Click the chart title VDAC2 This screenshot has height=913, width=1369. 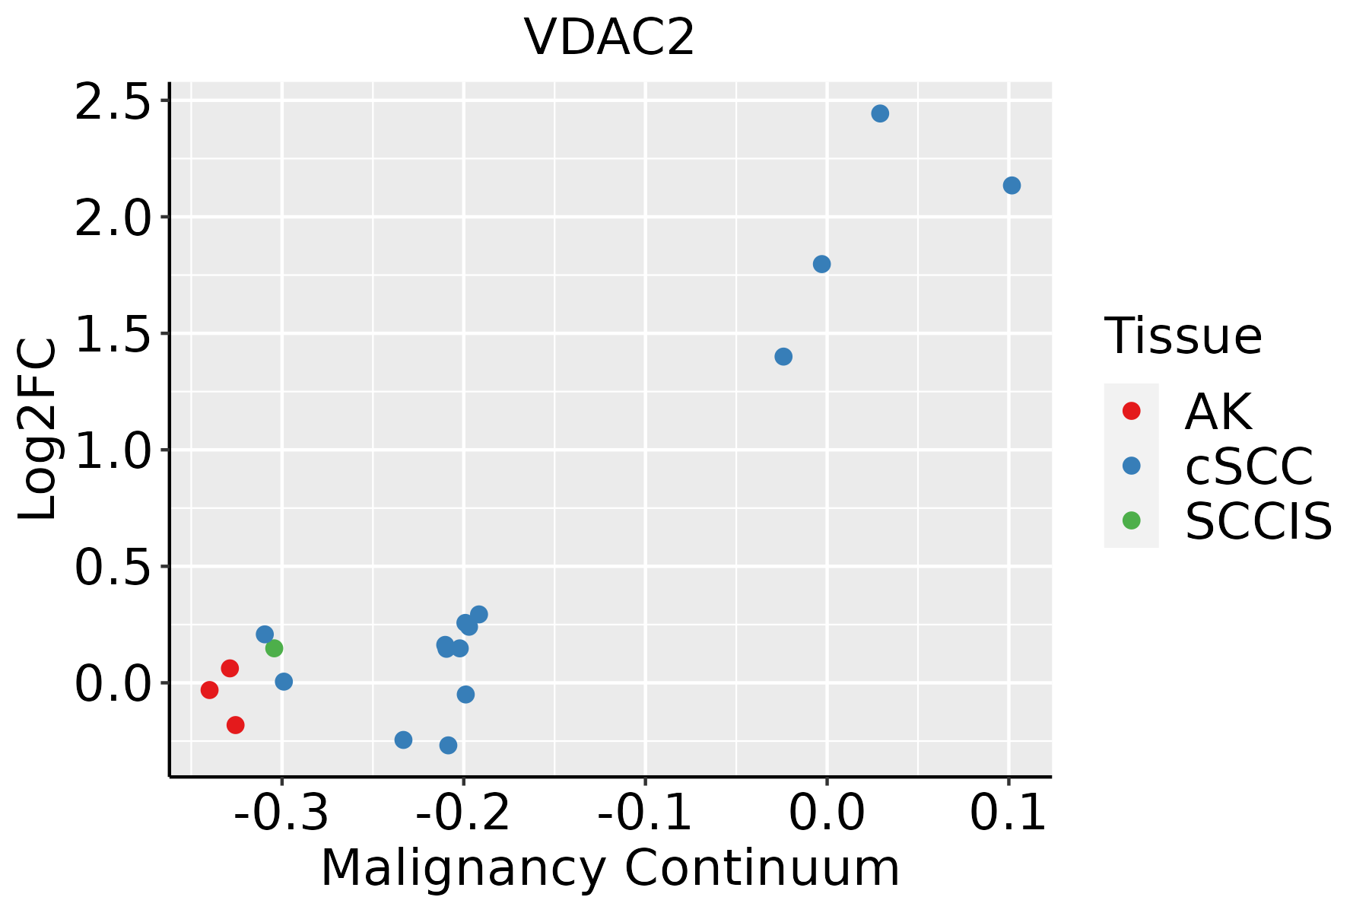[x=609, y=37]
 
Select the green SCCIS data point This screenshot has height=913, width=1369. [x=274, y=648]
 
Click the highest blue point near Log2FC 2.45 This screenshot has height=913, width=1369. [x=880, y=113]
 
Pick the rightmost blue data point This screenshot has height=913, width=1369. [x=1012, y=186]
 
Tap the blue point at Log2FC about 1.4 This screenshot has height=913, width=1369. [x=783, y=357]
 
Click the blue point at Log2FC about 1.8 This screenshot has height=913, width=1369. [x=821, y=264]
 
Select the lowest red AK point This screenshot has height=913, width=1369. [x=236, y=725]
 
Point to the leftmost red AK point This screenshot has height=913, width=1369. [x=210, y=690]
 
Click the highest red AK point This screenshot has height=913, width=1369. [x=230, y=668]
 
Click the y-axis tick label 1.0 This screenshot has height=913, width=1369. [x=113, y=450]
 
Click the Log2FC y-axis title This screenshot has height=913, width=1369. [x=38, y=429]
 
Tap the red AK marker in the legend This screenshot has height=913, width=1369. [x=1131, y=411]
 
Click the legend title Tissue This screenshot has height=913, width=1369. [x=1183, y=336]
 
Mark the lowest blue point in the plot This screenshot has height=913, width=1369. [x=449, y=745]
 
